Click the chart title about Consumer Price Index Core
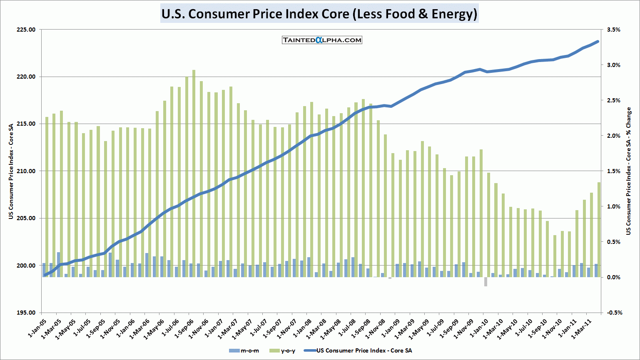point(319,14)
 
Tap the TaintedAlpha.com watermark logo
point(322,40)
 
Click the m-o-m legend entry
point(245,351)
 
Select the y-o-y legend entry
point(283,351)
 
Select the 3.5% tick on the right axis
point(613,30)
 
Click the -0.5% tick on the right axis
point(614,313)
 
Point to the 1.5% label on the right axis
point(613,171)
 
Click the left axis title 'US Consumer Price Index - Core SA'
point(11,171)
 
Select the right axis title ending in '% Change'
point(629,171)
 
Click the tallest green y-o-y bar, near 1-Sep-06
point(194,173)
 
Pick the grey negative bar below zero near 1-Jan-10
point(486,282)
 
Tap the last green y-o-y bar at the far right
point(599,229)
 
